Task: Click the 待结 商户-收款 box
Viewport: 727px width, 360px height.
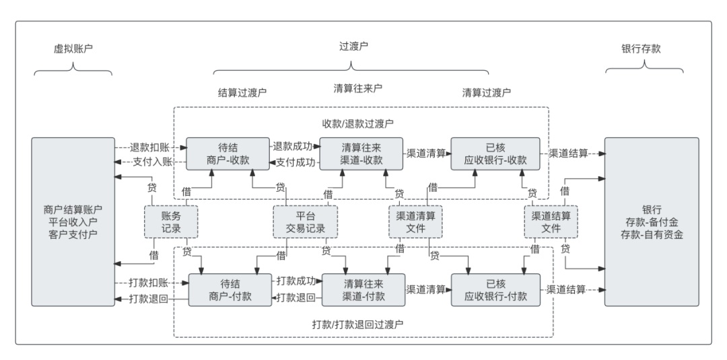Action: click(x=228, y=153)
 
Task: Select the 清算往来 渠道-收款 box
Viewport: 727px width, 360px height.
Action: click(x=361, y=153)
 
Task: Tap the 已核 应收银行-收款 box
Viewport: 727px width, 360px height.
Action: click(x=495, y=153)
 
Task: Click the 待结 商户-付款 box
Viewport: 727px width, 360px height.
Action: click(x=230, y=289)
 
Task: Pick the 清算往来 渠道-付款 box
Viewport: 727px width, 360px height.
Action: click(x=363, y=289)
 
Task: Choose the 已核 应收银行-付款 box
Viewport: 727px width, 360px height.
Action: click(x=495, y=289)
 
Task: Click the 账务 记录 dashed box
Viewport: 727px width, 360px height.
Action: click(x=171, y=222)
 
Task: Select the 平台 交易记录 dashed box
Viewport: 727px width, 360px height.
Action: click(x=305, y=222)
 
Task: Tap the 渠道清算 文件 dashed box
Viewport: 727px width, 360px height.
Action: click(x=416, y=222)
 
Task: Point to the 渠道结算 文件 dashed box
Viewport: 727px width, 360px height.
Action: click(x=551, y=222)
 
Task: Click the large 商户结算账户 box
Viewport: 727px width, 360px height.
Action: click(x=73, y=222)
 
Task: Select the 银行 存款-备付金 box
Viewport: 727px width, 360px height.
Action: click(x=652, y=222)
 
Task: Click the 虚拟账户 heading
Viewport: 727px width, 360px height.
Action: click(x=73, y=49)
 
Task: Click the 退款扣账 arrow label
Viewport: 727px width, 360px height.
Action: click(x=149, y=147)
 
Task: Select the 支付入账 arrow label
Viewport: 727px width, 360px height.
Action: click(x=149, y=161)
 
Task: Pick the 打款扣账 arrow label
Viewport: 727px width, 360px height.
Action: click(x=149, y=283)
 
